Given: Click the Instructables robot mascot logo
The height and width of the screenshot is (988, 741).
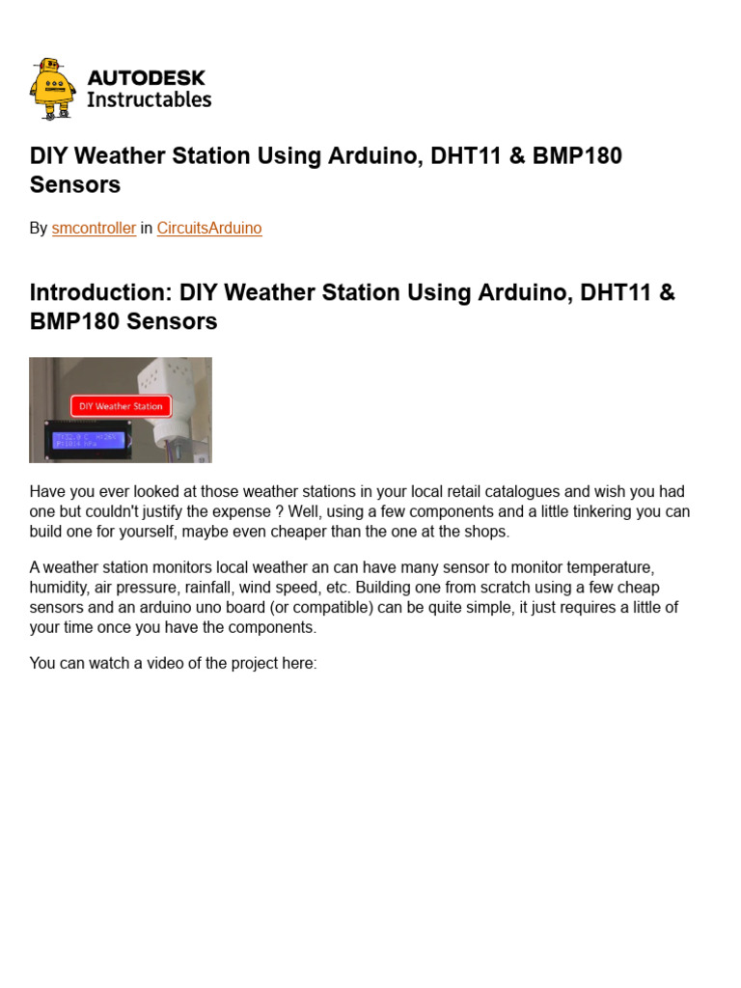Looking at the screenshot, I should pos(52,89).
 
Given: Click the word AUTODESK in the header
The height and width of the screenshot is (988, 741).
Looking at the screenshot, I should pos(146,77).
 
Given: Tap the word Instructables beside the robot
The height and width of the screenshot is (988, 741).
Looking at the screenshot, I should pos(149,99).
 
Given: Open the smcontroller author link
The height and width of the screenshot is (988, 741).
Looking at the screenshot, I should pos(94,229).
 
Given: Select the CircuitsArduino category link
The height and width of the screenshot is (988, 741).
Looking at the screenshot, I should pos(209,229).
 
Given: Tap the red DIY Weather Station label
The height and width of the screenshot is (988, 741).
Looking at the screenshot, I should pos(121,406).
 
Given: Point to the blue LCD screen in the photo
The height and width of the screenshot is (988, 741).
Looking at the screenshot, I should pos(88,440).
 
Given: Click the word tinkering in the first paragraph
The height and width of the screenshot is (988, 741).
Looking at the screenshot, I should pos(563,511).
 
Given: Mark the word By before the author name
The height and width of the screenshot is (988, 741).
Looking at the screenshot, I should pos(39,229).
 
